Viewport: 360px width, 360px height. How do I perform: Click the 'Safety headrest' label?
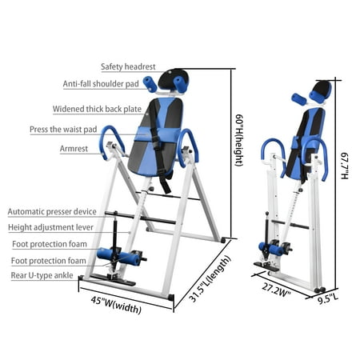pos(128,66)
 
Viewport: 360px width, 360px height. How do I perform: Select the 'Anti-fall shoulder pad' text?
pos(101,84)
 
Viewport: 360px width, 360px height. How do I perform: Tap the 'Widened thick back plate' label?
pos(97,109)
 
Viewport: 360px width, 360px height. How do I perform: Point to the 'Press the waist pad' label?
pos(63,130)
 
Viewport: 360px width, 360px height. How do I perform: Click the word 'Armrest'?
pos(74,149)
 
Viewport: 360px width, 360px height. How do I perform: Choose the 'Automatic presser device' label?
pos(52,212)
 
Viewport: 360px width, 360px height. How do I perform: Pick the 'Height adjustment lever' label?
pos(50,227)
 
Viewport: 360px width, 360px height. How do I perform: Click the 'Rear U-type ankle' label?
pos(42,275)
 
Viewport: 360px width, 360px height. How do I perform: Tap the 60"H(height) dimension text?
pos(239,140)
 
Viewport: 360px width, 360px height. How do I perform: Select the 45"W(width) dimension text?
pos(116,305)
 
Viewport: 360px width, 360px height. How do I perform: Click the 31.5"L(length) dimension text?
pos(210,278)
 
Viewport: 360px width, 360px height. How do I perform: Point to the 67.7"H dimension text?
pos(345,166)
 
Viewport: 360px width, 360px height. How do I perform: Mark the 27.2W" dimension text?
pos(276,290)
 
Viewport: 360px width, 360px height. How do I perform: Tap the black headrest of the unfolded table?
pos(174,79)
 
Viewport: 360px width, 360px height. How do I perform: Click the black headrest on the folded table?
pos(322,90)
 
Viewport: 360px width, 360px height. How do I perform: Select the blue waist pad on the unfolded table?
pos(158,135)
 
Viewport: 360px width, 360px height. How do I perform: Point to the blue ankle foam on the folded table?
pos(271,249)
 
